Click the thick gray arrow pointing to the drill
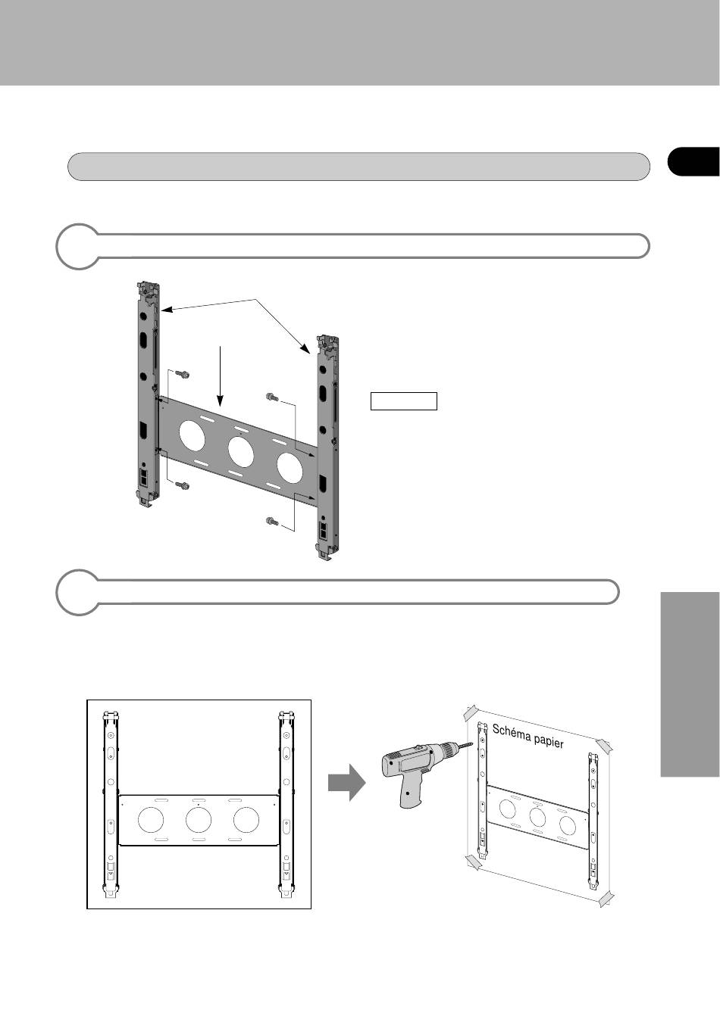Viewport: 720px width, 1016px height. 346,782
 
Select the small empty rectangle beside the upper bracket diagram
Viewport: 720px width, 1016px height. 404,401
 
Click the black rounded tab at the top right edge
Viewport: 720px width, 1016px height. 693,161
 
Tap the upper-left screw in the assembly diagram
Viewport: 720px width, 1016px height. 183,374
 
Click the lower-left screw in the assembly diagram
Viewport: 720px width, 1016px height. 183,485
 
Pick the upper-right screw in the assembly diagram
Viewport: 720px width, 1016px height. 272,397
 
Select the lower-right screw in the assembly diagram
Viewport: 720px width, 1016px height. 272,522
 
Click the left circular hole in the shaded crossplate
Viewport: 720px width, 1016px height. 192,435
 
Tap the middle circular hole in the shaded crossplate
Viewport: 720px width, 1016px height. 240,452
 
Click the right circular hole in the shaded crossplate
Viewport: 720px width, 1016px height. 290,467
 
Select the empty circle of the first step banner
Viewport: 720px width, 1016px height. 78,246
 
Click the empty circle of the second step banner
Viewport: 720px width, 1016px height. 78,592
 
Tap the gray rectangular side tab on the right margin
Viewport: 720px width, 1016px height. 690,684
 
